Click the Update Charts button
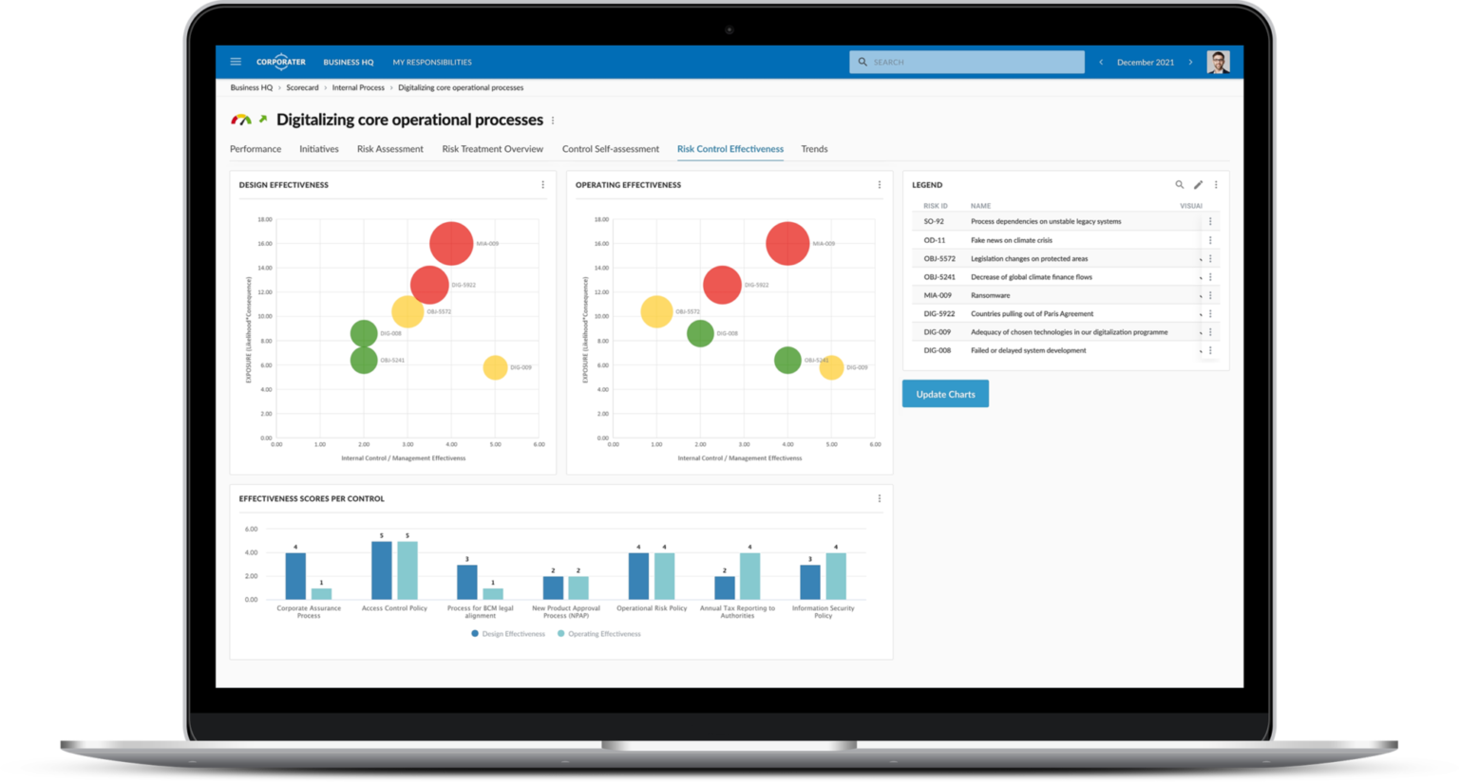pyautogui.click(x=945, y=394)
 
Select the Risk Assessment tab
pyautogui.click(x=389, y=149)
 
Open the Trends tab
pyautogui.click(x=814, y=149)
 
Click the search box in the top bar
pyautogui.click(x=967, y=62)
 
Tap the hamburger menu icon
pyautogui.click(x=236, y=62)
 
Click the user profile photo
pyautogui.click(x=1218, y=62)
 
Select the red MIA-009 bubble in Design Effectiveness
pyautogui.click(x=451, y=243)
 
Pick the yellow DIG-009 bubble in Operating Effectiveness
pyautogui.click(x=831, y=367)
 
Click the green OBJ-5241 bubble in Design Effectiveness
pyautogui.click(x=364, y=360)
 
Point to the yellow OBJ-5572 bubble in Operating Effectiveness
pyautogui.click(x=656, y=311)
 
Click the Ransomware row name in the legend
pyautogui.click(x=990, y=295)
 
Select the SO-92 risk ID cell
pyautogui.click(x=934, y=221)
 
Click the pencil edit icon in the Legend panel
pyautogui.click(x=1198, y=185)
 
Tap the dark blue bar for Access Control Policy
pyautogui.click(x=381, y=570)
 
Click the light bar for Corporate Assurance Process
pyautogui.click(x=321, y=593)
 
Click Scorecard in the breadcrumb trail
pyautogui.click(x=302, y=87)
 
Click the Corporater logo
pyautogui.click(x=280, y=62)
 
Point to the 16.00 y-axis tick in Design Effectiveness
pyautogui.click(x=265, y=244)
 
